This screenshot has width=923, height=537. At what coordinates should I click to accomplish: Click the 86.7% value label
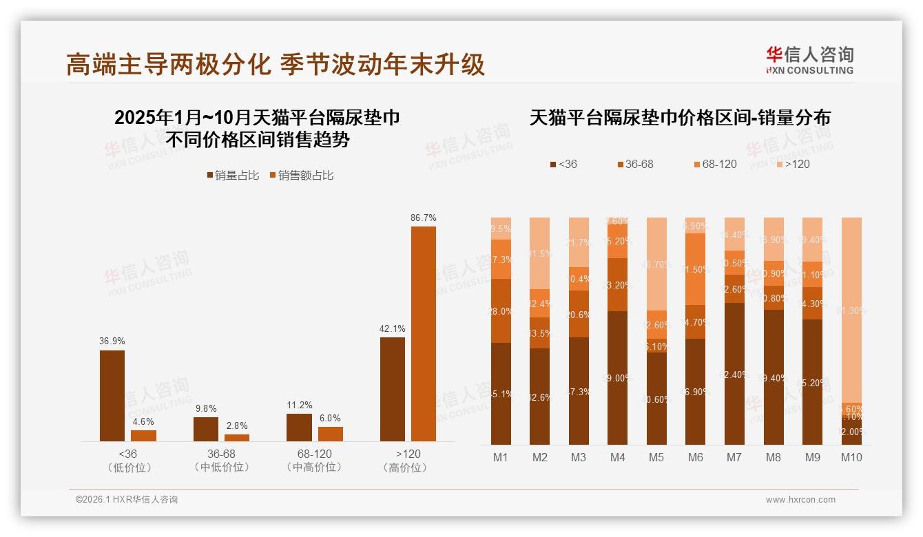coord(423,218)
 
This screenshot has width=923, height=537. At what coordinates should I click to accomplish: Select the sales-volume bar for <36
coord(112,396)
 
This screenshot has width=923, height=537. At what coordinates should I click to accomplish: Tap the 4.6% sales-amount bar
coord(143,436)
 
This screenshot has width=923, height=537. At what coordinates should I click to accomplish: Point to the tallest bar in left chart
coord(423,334)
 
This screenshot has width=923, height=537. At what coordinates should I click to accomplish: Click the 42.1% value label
coord(392,328)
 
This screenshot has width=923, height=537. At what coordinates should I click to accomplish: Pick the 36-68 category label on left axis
coord(221,454)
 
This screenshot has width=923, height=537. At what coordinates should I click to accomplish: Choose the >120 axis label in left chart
coord(408,454)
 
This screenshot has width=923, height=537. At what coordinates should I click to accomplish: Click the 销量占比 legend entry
coord(233,176)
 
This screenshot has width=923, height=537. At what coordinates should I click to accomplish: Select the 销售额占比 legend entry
coord(301,176)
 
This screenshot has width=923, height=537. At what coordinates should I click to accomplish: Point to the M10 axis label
coord(851,457)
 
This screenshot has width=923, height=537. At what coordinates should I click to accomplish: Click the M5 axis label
coord(656,457)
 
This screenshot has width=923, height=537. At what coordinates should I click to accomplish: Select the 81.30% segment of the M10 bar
coord(852,310)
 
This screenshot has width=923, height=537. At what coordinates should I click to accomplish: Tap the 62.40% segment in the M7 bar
coord(735,374)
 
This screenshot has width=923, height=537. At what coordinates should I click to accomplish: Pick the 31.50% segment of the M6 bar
coord(696,269)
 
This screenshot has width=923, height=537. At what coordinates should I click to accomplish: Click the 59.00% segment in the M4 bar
coord(618,378)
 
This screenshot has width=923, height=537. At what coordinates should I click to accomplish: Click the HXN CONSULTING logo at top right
coord(809,61)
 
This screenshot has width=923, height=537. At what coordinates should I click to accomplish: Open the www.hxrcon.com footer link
coord(800,500)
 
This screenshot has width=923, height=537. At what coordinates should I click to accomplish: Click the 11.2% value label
coord(299,405)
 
